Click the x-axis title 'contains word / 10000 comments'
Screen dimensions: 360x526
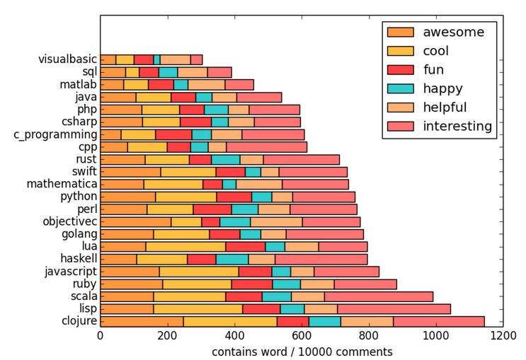[302, 352]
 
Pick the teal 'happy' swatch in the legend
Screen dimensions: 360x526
[400, 88]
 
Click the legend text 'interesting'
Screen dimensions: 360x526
[457, 127]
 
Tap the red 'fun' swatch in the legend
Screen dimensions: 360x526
[400, 69]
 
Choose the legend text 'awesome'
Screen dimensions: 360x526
[453, 32]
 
